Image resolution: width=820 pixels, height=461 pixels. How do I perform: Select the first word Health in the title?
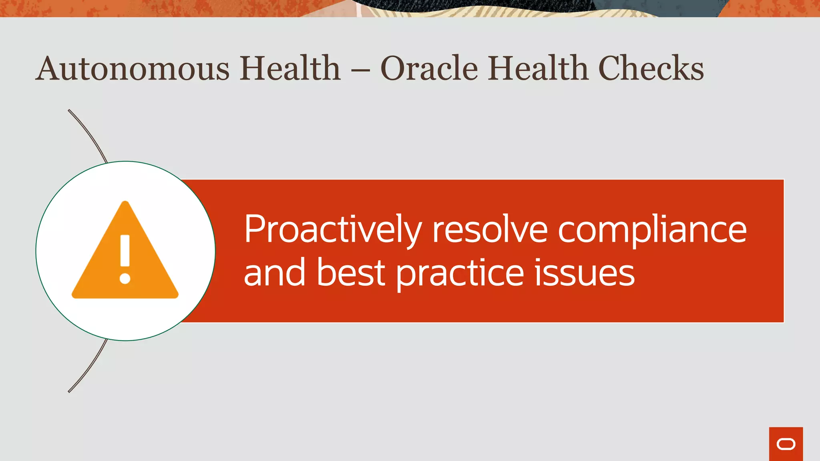click(290, 68)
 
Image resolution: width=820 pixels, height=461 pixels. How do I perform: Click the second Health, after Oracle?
click(538, 68)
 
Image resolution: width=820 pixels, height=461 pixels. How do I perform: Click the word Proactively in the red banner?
click(333, 230)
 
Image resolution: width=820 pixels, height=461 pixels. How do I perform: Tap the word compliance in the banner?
click(652, 230)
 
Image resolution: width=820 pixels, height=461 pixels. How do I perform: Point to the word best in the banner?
click(351, 273)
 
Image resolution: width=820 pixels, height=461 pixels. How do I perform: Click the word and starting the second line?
click(275, 273)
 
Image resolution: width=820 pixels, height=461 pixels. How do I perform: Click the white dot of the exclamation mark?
click(125, 279)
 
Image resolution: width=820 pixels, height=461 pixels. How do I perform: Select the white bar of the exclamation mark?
click(125, 251)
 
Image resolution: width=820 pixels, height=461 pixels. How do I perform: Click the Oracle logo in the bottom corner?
click(786, 444)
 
